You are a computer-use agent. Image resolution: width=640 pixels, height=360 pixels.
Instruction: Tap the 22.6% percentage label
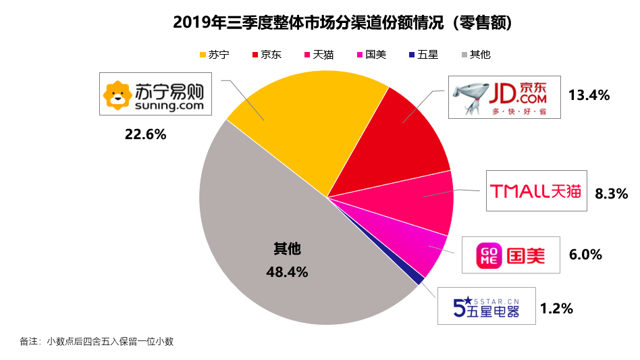pyautogui.click(x=145, y=134)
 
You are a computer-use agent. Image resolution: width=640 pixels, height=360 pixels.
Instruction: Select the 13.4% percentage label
pyautogui.click(x=589, y=95)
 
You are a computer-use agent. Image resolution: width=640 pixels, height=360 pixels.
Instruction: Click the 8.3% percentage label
pyautogui.click(x=612, y=193)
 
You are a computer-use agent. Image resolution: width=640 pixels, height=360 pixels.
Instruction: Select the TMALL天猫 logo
pyautogui.click(x=536, y=191)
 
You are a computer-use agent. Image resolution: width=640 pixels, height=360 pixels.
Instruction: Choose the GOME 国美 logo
pyautogui.click(x=511, y=255)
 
